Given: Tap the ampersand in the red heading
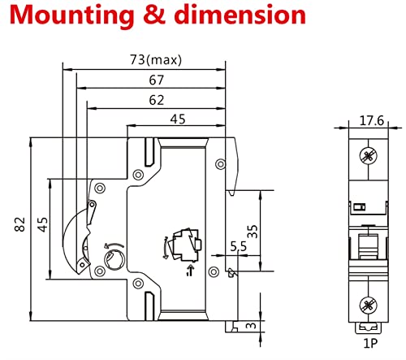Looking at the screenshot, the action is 154,15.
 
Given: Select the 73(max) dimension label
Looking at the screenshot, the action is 156,60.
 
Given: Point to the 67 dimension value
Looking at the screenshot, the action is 157,80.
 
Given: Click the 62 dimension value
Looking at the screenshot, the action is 157,100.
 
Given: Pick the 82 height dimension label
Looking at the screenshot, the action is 19,224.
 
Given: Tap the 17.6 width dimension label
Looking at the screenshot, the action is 372,120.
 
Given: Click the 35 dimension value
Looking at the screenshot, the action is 253,232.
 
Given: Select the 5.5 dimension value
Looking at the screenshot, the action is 239,246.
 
